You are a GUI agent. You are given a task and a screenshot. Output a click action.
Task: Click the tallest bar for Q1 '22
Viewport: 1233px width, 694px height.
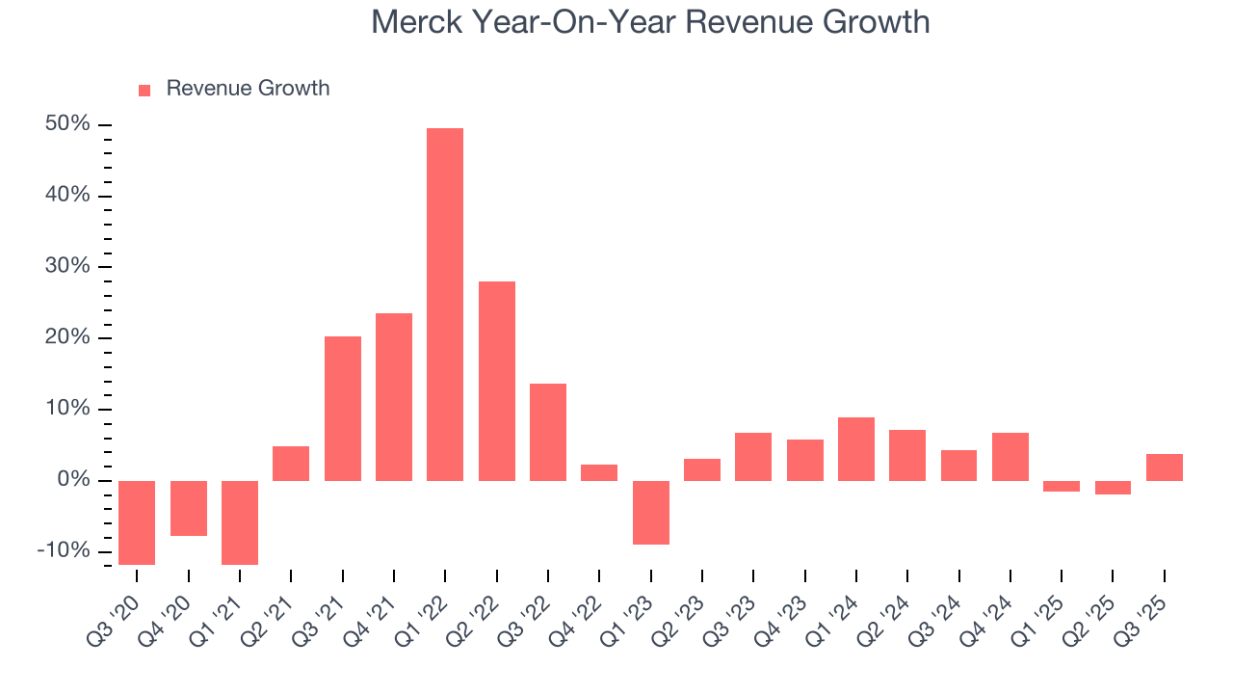point(445,304)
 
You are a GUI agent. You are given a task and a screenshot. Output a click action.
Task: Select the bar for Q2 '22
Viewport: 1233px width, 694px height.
point(497,381)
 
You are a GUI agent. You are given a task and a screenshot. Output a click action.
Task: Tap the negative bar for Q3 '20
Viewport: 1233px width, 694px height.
point(137,522)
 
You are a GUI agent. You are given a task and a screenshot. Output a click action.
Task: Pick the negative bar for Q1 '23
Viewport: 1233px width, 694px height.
point(651,512)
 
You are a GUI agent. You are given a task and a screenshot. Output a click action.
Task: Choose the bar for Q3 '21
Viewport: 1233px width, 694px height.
point(343,408)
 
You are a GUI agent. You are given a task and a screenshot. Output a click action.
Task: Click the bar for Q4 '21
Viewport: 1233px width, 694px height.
point(394,396)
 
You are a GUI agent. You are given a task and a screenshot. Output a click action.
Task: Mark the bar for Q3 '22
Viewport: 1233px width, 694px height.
point(548,432)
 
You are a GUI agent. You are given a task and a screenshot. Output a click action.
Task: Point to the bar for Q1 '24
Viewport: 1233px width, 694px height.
point(856,448)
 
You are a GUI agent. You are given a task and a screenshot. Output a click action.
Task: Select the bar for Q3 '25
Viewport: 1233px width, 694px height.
point(1165,467)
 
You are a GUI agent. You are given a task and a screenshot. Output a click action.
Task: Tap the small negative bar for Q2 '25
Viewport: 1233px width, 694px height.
point(1113,488)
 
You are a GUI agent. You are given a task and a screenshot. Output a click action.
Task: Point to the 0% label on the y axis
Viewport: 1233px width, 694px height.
point(72,480)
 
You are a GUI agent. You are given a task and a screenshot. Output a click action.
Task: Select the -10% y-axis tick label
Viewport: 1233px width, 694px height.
point(64,551)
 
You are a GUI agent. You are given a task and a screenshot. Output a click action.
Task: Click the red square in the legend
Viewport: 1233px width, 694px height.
point(144,90)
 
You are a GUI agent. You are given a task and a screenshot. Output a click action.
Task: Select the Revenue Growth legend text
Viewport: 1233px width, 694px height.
point(248,89)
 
